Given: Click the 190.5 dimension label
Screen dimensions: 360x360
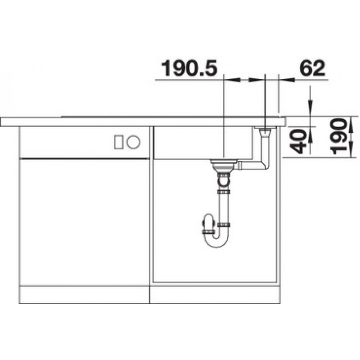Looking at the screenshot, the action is pyautogui.click(x=189, y=68).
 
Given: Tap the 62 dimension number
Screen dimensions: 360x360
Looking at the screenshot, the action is pyautogui.click(x=312, y=68).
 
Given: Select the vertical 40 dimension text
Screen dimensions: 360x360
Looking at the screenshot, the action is pyautogui.click(x=298, y=141).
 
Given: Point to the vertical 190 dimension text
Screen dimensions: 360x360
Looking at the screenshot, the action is pyautogui.click(x=338, y=137).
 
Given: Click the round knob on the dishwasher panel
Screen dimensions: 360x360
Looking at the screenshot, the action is pyautogui.click(x=133, y=142).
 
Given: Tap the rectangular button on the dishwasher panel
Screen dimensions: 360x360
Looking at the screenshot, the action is pyautogui.click(x=119, y=142).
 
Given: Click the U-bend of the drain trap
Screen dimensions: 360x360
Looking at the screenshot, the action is pyautogui.click(x=216, y=241).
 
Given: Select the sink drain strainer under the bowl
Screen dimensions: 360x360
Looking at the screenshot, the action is pyautogui.click(x=224, y=164).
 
